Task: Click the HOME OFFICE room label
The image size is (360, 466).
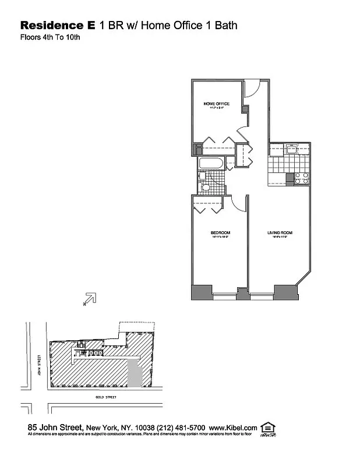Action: [216, 104]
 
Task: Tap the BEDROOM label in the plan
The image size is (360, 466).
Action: [221, 233]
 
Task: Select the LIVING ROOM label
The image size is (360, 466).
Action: [280, 233]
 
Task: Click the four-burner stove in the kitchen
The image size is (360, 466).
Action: [301, 178]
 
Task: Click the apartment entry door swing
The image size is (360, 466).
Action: [251, 89]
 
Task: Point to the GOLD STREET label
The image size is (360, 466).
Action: [107, 397]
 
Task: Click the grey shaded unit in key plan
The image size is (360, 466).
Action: [135, 372]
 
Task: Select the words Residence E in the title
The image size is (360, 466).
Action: [58, 26]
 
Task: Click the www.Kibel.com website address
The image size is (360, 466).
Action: [233, 428]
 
